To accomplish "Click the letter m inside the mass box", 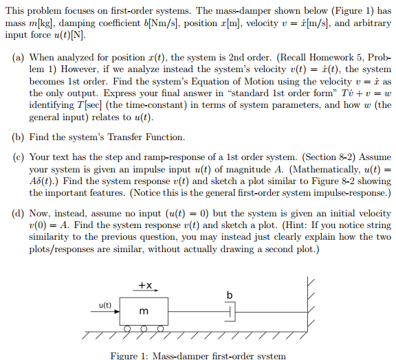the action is [x=144, y=312].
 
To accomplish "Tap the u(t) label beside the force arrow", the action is [x=105, y=304].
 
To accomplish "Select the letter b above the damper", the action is [x=230, y=295].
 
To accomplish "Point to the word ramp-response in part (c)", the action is [x=158, y=157].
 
